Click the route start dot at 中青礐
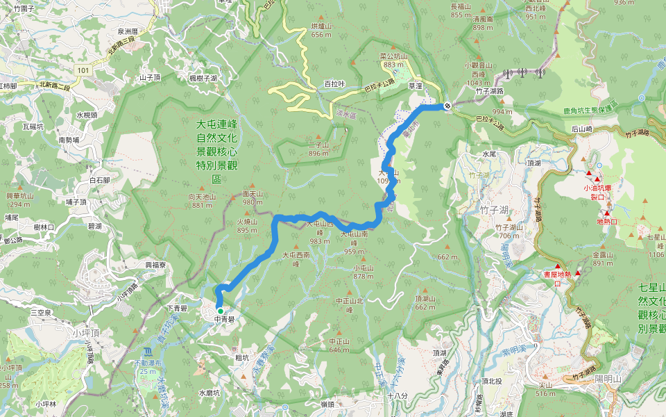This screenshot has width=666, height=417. [220, 311]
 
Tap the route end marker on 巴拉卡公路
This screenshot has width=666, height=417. [447, 106]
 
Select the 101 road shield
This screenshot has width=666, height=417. [83, 69]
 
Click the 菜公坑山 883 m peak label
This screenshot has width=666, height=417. [393, 60]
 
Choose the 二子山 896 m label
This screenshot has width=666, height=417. [318, 149]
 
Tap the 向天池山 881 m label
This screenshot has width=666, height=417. [203, 201]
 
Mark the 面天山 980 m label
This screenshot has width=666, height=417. [253, 198]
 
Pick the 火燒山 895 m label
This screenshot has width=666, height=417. [247, 226]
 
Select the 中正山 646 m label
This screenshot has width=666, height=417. [339, 345]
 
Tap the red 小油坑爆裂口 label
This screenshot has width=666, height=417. [597, 191]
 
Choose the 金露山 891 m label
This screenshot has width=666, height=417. [603, 259]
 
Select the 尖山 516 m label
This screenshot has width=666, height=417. [546, 389]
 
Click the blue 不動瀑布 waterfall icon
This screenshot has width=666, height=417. [146, 352]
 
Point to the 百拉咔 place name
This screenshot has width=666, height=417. [334, 84]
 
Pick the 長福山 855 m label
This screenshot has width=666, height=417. [461, 10]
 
